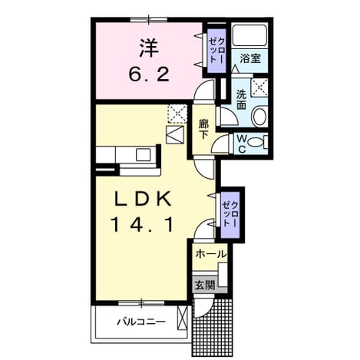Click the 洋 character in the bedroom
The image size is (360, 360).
tap(149, 48)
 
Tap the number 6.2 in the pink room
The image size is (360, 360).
tap(149, 75)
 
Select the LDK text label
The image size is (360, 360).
tap(143, 199)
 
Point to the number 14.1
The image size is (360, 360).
tap(142, 225)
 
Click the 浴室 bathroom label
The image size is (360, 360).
tap(250, 58)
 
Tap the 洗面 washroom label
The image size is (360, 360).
tap(241, 100)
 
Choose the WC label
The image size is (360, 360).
tap(242, 144)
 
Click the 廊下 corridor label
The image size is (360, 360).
tap(203, 130)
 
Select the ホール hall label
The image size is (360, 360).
tap(211, 254)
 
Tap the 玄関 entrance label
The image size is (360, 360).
tap(205, 285)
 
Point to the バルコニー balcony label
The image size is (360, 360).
tap(141, 322)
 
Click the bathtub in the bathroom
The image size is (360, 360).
tap(249, 35)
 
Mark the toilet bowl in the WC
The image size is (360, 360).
tap(255, 143)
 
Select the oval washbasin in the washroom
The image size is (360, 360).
tap(259, 117)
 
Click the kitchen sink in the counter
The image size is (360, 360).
tap(144, 155)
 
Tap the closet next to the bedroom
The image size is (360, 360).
tap(216, 51)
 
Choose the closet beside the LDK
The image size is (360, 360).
tap(230, 215)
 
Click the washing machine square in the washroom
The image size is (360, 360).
tap(259, 88)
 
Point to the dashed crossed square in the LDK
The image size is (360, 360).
tap(177, 114)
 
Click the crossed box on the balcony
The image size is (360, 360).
tap(183, 319)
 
